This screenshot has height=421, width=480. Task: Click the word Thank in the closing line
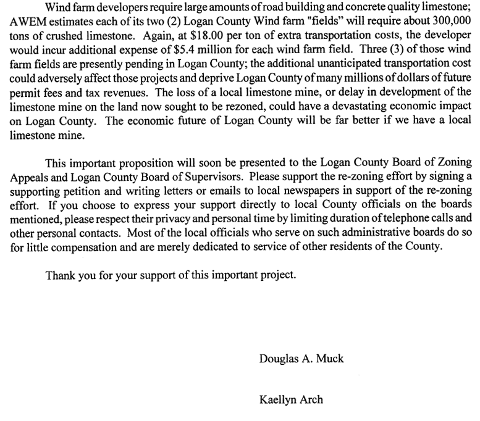click(61, 275)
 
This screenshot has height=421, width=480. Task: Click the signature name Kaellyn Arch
click(291, 399)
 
